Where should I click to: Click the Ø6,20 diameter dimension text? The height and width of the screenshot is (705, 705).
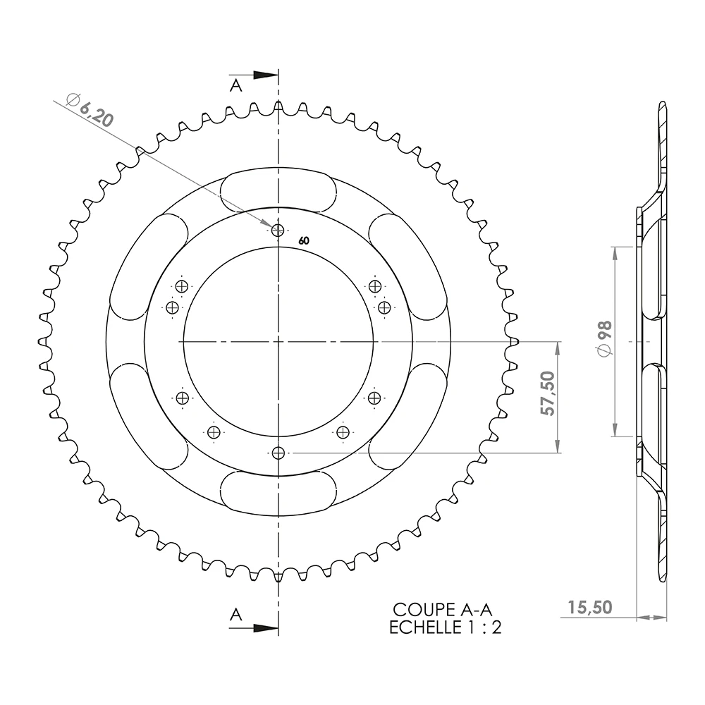click(90, 110)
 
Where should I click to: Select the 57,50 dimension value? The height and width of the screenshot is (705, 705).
click(547, 393)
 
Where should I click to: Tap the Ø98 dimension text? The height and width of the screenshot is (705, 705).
click(605, 339)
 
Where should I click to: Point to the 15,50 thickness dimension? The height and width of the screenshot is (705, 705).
click(589, 608)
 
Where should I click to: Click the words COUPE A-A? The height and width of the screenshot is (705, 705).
click(443, 610)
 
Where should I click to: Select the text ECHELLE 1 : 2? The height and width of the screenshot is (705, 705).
click(445, 627)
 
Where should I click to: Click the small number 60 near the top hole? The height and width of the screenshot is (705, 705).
click(304, 241)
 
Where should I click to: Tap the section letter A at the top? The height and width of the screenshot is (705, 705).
click(236, 85)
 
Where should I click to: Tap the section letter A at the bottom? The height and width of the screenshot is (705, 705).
click(236, 614)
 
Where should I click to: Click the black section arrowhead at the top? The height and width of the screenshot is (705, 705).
click(265, 75)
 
